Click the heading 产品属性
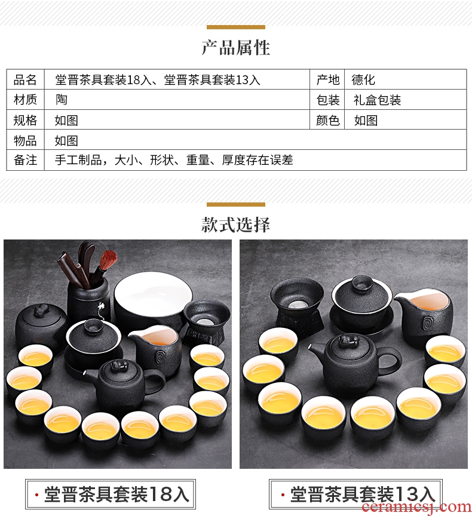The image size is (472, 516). pos(235,48)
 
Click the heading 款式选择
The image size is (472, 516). pos(235,225)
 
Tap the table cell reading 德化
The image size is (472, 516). pos(363,79)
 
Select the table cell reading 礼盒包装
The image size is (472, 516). pos(377,100)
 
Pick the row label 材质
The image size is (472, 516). pos(25,99)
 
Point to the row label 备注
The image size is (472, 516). pos(25,160)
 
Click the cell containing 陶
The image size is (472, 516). pos(61,99)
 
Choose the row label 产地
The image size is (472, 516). pos(328,79)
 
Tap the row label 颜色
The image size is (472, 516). pos(328,121)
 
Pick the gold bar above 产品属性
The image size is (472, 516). pos(235,27)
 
